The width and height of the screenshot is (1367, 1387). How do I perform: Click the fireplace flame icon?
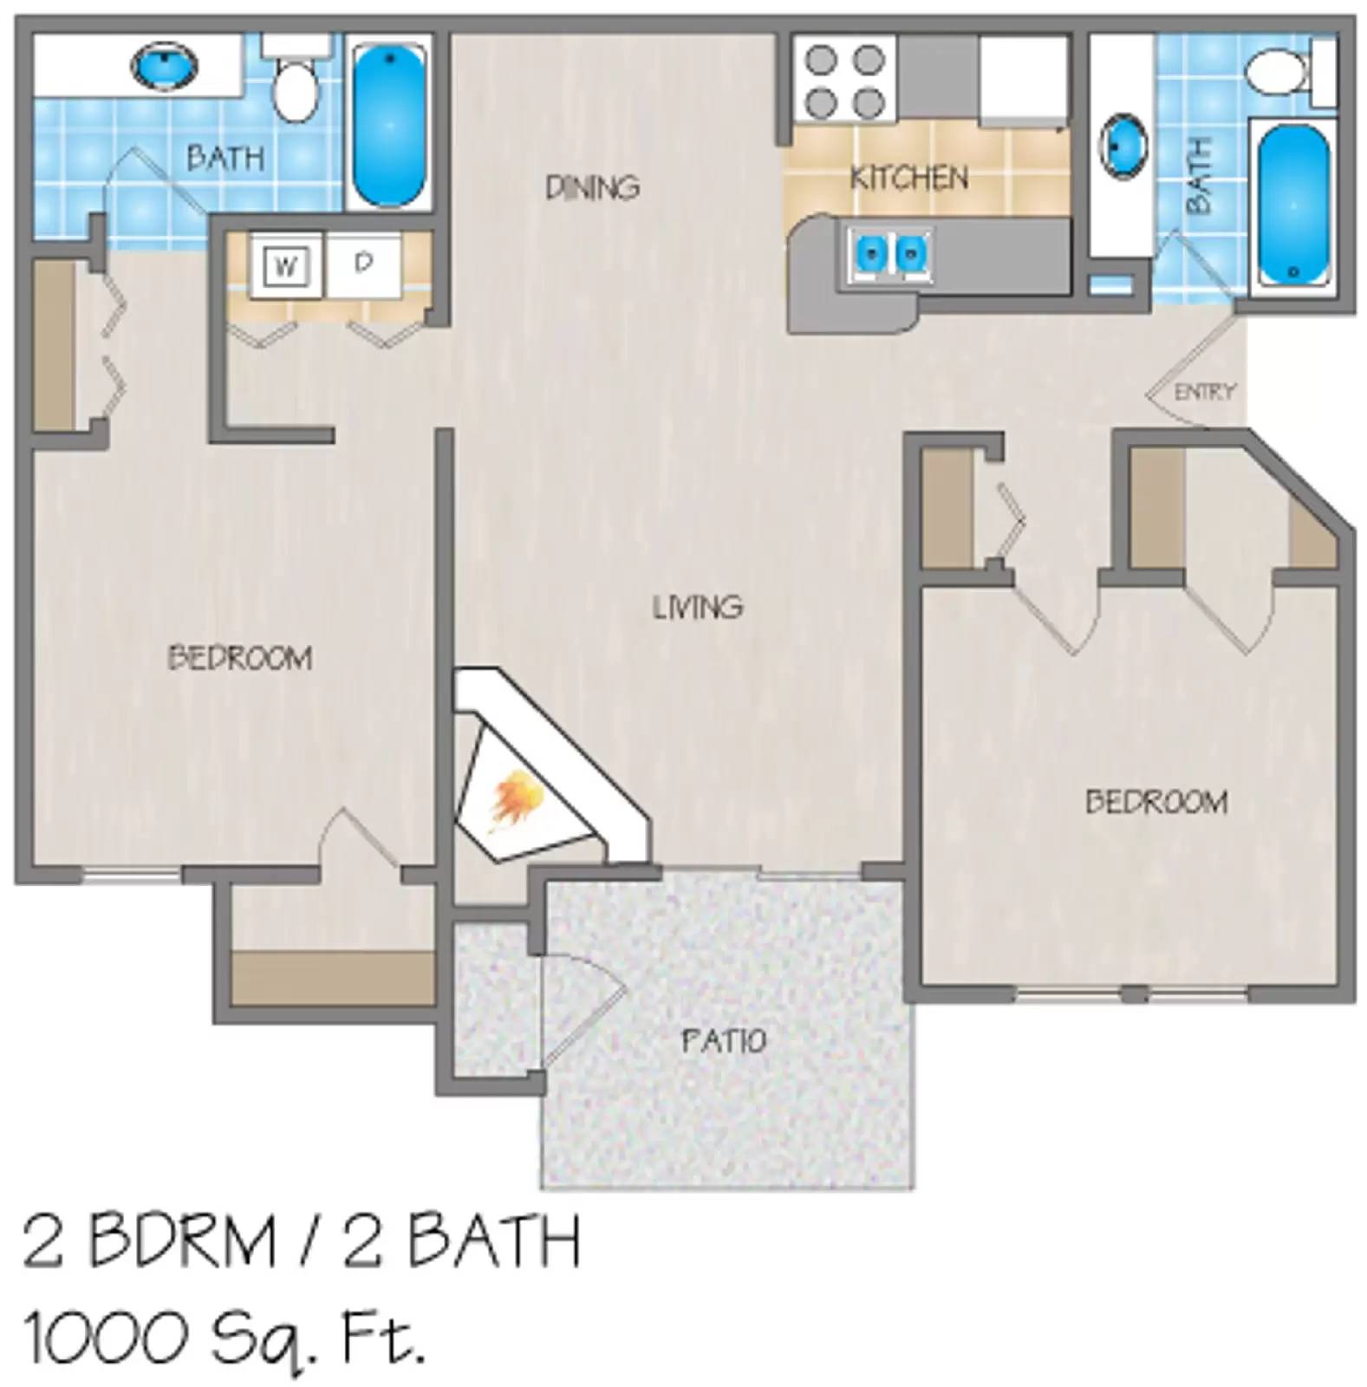[x=518, y=799]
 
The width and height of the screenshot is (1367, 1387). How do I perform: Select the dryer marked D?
[x=364, y=263]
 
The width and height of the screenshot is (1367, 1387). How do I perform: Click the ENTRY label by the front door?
[x=1204, y=393]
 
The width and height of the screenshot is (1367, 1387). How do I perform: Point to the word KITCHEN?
[x=908, y=178]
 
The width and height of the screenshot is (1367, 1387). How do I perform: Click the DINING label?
[x=593, y=187]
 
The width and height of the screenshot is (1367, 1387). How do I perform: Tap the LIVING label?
[x=698, y=607]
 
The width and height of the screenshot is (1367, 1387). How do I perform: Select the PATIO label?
[x=724, y=1040]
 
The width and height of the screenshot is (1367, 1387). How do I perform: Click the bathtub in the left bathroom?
[x=390, y=123]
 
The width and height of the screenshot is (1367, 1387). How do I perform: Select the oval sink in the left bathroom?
[x=164, y=67]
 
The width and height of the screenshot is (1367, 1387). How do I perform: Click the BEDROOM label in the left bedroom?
[x=240, y=659]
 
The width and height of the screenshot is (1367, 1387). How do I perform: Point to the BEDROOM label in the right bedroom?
[x=1156, y=802]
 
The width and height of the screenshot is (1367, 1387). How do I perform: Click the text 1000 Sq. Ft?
[x=224, y=1337]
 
